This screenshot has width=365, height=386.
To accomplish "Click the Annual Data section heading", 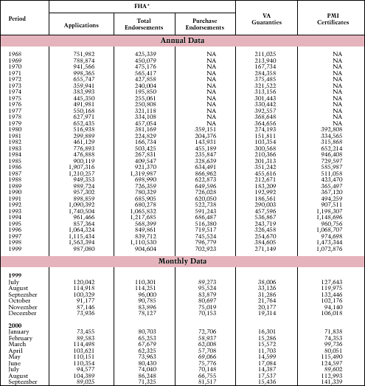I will [x=182, y=40].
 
